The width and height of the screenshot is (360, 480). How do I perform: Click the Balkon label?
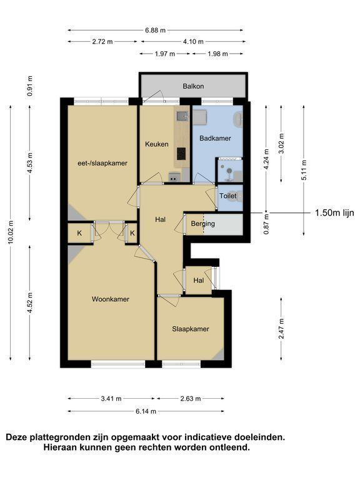193,86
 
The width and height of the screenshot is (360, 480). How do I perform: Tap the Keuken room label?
157,144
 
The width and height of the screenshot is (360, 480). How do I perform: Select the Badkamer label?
215,138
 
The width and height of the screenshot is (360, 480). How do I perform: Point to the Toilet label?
228,196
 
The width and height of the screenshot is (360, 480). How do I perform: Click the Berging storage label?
202,224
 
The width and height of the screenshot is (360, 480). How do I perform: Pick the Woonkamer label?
111,299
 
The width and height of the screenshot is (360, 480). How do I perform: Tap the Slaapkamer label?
191,329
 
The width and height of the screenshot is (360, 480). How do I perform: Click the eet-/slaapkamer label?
102,163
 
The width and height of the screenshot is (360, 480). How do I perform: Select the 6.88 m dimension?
155,30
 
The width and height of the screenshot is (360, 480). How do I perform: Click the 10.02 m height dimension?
11,232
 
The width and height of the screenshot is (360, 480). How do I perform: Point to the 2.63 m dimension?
191,399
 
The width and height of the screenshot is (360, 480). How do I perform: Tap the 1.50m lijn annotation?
334,212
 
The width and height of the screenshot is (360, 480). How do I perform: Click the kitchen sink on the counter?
182,116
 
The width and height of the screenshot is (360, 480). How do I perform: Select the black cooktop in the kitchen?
181,154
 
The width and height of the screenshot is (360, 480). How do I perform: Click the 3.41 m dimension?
111,399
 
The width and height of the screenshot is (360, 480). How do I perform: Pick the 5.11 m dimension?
304,171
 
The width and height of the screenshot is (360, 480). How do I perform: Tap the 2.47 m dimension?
281,329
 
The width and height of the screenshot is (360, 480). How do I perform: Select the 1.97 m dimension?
165,54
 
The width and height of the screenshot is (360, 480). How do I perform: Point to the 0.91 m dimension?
29,86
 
